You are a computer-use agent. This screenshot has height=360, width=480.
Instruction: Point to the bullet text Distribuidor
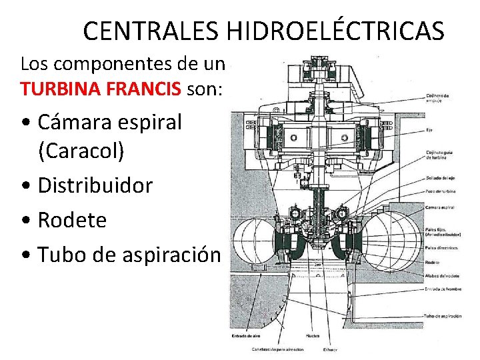[95, 185]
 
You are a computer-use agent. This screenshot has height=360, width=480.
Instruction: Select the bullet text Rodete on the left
[72, 220]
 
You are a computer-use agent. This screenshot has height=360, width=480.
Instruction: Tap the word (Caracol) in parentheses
[81, 151]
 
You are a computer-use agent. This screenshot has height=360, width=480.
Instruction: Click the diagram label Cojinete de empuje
[437, 97]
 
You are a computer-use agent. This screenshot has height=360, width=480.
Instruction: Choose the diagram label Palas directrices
[441, 247]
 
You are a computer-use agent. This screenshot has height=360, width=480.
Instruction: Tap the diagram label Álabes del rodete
[441, 275]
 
